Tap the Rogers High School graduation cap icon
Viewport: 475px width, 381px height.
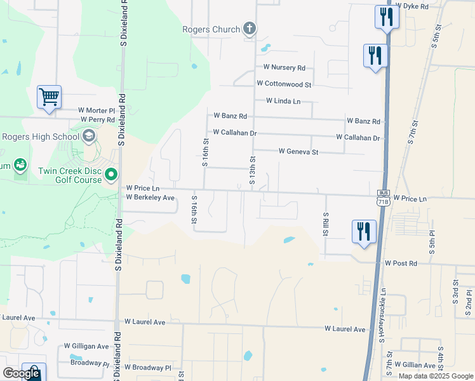(x=89, y=136)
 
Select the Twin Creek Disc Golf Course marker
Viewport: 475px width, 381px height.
(x=111, y=173)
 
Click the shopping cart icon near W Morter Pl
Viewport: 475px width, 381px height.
(x=49, y=97)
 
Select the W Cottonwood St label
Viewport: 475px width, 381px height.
(x=284, y=84)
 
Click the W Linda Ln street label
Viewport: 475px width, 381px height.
(x=283, y=101)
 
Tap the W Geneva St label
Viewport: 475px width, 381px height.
(x=298, y=152)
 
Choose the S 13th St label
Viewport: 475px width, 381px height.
(x=252, y=171)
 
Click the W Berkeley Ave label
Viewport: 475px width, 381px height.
(x=150, y=197)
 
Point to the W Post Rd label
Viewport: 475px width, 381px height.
(x=401, y=263)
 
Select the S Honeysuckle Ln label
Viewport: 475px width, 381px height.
(x=383, y=314)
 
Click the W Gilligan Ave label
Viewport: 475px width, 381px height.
(x=86, y=346)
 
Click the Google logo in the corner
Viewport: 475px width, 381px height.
(x=21, y=373)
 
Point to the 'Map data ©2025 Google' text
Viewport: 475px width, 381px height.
(x=435, y=376)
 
